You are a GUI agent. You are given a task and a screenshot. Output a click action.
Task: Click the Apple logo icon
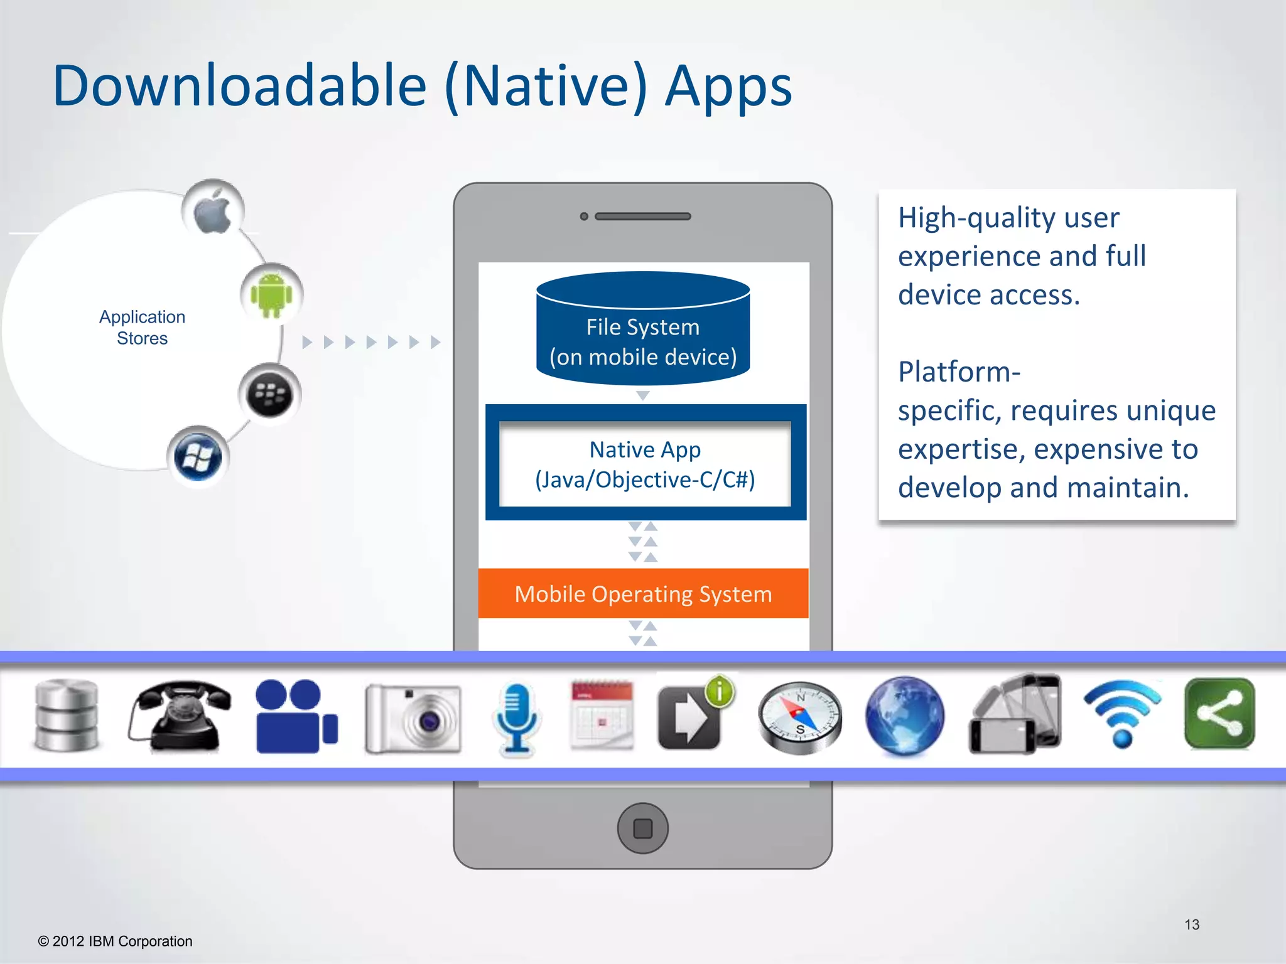pos(213,210)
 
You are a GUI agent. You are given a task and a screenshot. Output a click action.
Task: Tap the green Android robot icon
pos(271,294)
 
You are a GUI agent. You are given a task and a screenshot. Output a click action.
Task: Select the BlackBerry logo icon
pos(270,395)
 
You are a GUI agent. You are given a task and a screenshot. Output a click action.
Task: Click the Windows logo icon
pos(198,457)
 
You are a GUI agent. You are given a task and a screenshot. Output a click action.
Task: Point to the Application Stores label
pos(143,328)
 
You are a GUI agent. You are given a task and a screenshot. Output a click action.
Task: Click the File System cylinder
pos(643,329)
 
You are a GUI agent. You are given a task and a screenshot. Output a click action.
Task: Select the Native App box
pos(645,464)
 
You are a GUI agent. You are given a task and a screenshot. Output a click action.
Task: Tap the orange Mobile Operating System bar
pos(643,594)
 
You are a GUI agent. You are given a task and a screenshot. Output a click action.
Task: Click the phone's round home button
pos(642,828)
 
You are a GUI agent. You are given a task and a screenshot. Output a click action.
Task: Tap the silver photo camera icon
pos(413,718)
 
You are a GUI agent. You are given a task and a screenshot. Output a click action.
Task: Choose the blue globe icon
pos(904,715)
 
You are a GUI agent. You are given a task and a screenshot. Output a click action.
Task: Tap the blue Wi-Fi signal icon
pos(1123,714)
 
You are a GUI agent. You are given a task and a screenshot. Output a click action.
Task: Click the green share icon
pos(1219,714)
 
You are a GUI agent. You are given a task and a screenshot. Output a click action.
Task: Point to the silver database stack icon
pos(67,715)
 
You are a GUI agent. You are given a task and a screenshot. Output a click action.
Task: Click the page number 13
pos(1192,924)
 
